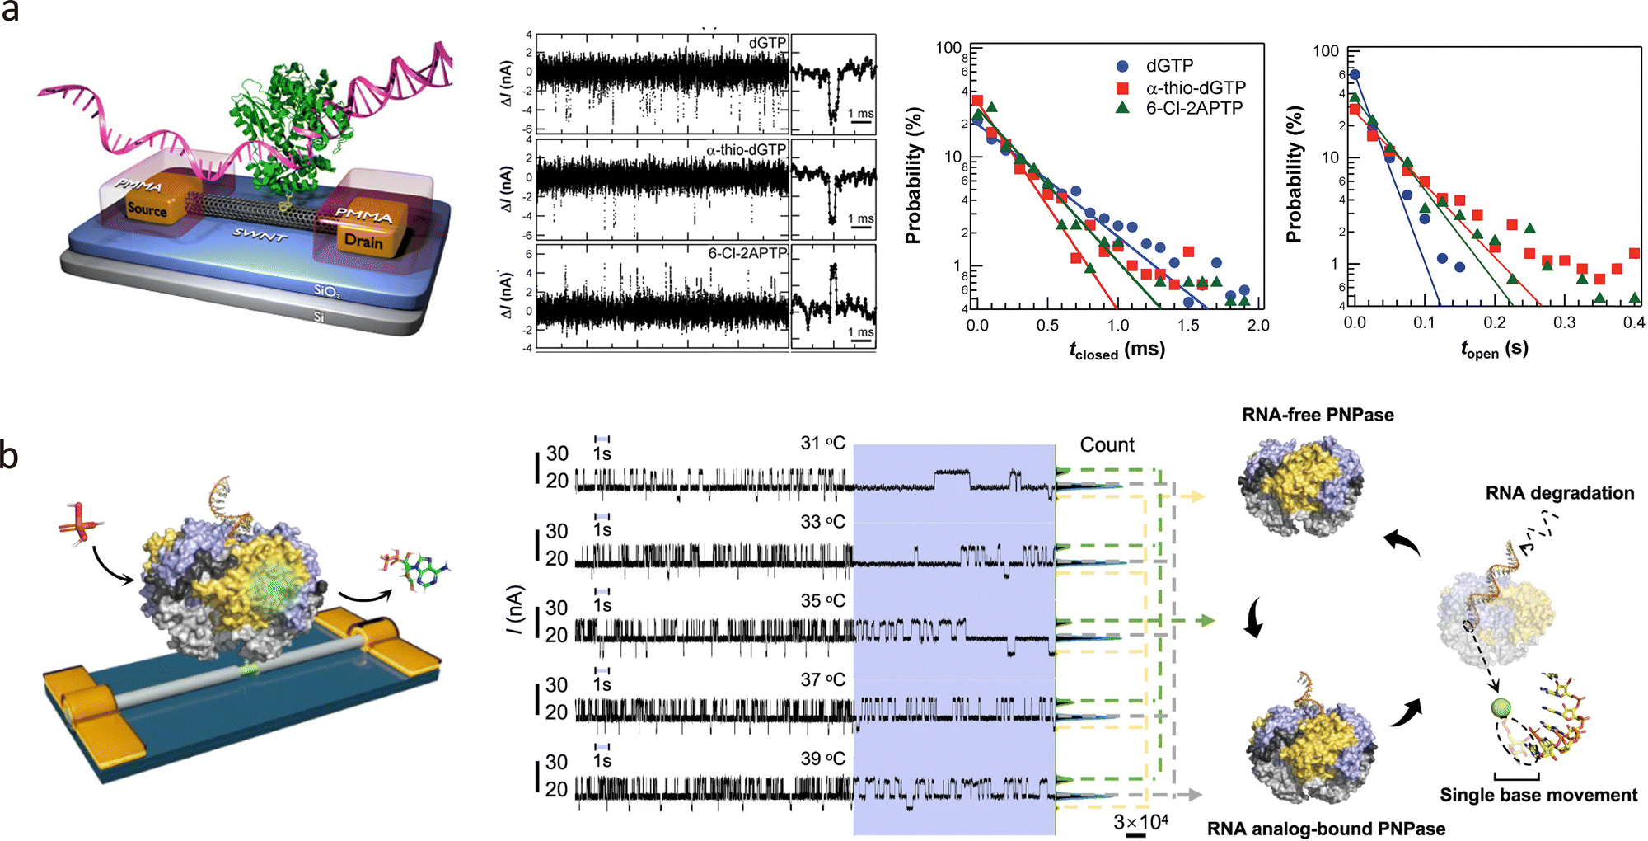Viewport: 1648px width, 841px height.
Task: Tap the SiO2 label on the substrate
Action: [x=326, y=290]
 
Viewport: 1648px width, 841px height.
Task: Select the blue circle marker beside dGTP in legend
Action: [x=1122, y=66]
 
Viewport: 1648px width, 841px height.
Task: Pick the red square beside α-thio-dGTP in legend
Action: [x=1122, y=87]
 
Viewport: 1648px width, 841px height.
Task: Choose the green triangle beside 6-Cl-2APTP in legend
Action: [x=1122, y=108]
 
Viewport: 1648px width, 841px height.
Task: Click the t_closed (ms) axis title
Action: [x=1117, y=350]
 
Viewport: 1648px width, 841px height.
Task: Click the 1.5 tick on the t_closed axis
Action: [x=1188, y=326]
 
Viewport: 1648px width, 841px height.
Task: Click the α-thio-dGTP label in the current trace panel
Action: [x=746, y=150]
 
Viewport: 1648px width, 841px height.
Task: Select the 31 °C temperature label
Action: [x=822, y=444]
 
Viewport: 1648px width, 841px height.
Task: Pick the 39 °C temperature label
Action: [x=822, y=759]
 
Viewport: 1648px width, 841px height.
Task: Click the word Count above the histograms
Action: [x=1107, y=445]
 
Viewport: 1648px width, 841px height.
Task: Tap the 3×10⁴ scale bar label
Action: [x=1140, y=822]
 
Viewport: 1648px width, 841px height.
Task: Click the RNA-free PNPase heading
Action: [x=1318, y=415]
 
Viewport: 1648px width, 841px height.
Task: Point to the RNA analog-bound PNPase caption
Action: [x=1326, y=829]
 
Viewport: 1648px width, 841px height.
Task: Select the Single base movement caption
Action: [x=1538, y=795]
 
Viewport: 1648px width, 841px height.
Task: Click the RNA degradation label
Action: [x=1560, y=493]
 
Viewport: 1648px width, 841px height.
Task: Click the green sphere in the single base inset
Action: [x=1501, y=709]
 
